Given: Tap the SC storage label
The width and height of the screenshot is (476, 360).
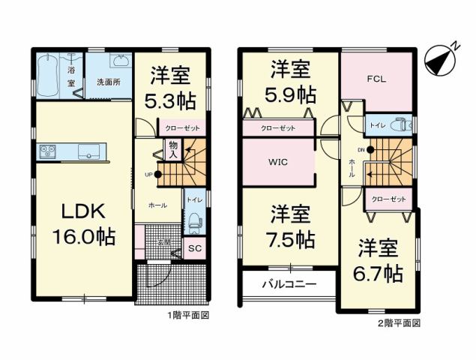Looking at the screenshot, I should (x=194, y=248).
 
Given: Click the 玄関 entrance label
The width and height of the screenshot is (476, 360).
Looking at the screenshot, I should (x=163, y=241).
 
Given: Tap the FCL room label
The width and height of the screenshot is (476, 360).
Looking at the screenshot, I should (x=376, y=79).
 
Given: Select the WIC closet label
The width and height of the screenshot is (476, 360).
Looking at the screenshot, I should (x=278, y=161).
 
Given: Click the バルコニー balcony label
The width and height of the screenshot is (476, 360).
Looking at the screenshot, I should (x=289, y=284).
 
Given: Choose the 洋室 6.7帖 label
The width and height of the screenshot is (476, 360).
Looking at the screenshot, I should (x=379, y=259).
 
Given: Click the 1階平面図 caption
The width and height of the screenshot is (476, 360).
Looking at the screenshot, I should (x=187, y=316).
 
